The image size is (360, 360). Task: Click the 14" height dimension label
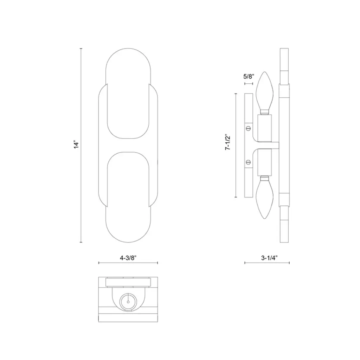(x=76, y=144)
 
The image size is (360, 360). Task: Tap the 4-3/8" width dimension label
(x=128, y=258)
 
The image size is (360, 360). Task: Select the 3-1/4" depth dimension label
(x=269, y=258)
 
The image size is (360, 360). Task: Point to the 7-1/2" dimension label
(x=227, y=142)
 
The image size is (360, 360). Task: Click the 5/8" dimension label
(x=249, y=76)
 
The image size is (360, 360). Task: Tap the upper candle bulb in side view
(x=265, y=93)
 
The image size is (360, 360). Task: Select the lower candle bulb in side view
(x=265, y=198)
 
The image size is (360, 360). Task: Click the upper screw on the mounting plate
(x=248, y=128)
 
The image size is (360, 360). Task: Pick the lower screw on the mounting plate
(x=248, y=162)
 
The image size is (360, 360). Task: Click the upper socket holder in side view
(x=265, y=128)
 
